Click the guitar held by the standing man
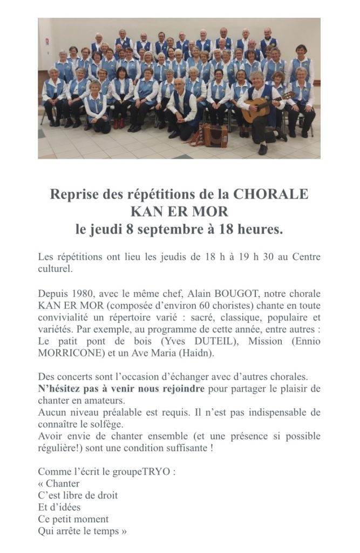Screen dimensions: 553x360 (258, 111)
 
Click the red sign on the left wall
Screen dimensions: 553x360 (47, 41)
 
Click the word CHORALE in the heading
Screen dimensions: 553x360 (271, 194)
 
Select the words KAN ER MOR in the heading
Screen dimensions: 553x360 (179, 211)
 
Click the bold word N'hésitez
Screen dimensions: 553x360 (61, 388)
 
